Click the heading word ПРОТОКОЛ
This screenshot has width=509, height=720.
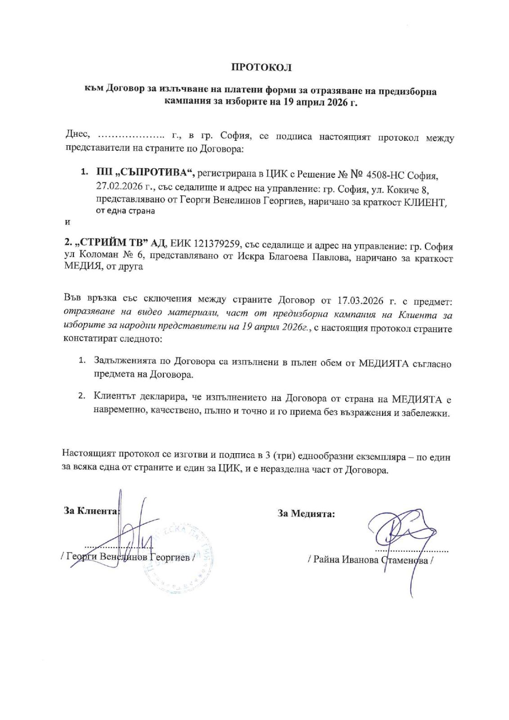[x=261, y=68]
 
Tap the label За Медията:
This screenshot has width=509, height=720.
[x=306, y=513]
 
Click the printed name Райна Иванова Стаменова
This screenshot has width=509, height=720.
[x=369, y=560]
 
